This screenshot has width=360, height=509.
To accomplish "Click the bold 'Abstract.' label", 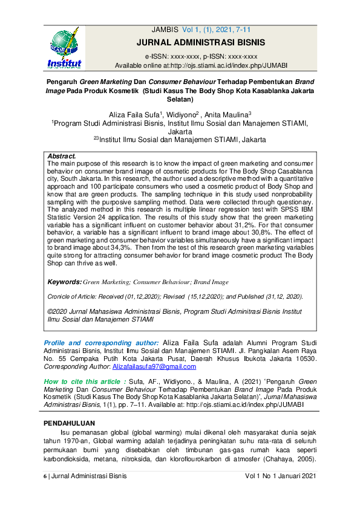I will point(62,156).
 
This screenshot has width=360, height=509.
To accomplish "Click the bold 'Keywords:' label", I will point(64,282).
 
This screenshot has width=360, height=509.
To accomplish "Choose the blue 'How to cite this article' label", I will point(84,381).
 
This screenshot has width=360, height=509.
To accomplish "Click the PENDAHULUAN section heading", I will point(74,421).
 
